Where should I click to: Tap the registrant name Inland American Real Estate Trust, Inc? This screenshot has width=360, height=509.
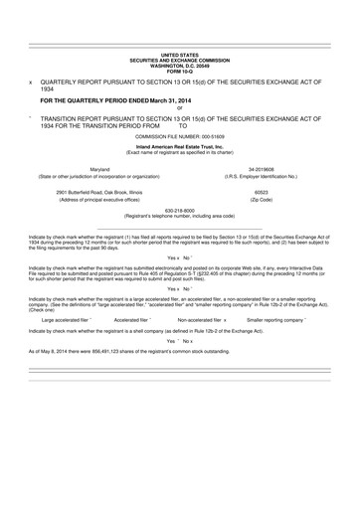[179, 145]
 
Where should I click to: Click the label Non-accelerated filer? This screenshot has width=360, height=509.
[199, 320]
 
